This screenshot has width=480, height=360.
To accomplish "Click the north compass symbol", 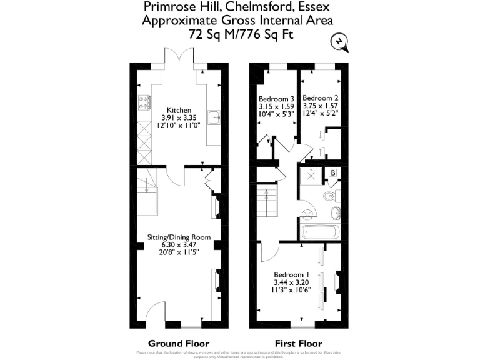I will (x=338, y=42).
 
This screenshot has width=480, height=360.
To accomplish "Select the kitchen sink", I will (x=214, y=116).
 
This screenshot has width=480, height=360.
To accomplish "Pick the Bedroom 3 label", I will (x=276, y=99).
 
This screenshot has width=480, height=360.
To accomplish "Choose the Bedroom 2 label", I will (x=320, y=98).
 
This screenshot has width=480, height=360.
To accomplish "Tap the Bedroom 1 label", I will (x=292, y=274).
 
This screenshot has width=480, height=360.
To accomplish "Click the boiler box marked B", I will (x=333, y=172).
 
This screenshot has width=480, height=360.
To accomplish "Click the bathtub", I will (x=320, y=232).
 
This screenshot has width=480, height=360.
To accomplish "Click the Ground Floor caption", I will (x=178, y=343).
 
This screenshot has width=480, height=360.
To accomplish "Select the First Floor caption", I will (x=299, y=343).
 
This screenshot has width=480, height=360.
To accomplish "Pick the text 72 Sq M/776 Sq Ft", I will (x=241, y=34).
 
